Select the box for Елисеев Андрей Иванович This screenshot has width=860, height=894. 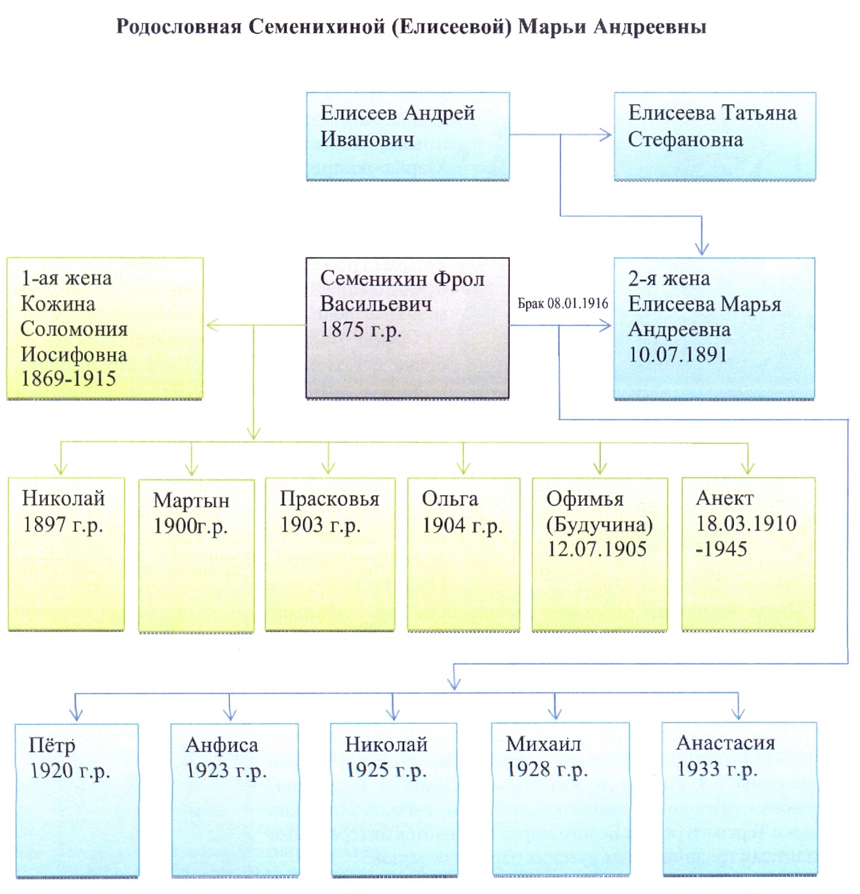[407, 136]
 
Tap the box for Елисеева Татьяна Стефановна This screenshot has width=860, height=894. [714, 136]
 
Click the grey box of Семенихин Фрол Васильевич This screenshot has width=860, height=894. [407, 328]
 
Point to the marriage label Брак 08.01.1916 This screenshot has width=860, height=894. [562, 303]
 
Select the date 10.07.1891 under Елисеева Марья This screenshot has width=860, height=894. [677, 355]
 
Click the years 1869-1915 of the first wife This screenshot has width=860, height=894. [68, 379]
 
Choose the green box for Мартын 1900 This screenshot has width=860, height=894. [196, 555]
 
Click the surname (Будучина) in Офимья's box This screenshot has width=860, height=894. [599, 524]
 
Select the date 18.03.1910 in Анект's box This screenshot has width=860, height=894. [746, 524]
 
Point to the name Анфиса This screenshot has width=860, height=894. [221, 745]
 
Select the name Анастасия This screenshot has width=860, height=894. [725, 743]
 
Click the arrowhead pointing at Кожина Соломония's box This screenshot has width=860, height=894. [212, 325]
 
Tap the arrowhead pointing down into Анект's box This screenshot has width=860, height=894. [748, 468]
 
